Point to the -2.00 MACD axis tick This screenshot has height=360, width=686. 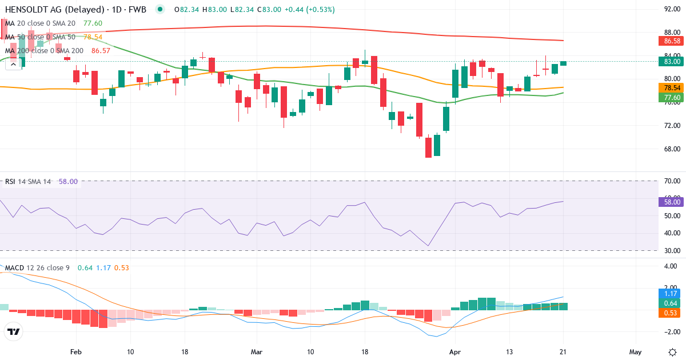671,332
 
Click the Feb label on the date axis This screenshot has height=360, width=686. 76,352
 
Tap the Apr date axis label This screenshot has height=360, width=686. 455,352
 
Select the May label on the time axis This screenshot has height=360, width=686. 636,352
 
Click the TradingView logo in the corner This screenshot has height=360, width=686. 13,331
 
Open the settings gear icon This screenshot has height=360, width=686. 672,351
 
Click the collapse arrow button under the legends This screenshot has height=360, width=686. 13,65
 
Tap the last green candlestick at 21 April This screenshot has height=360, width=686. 564,63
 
